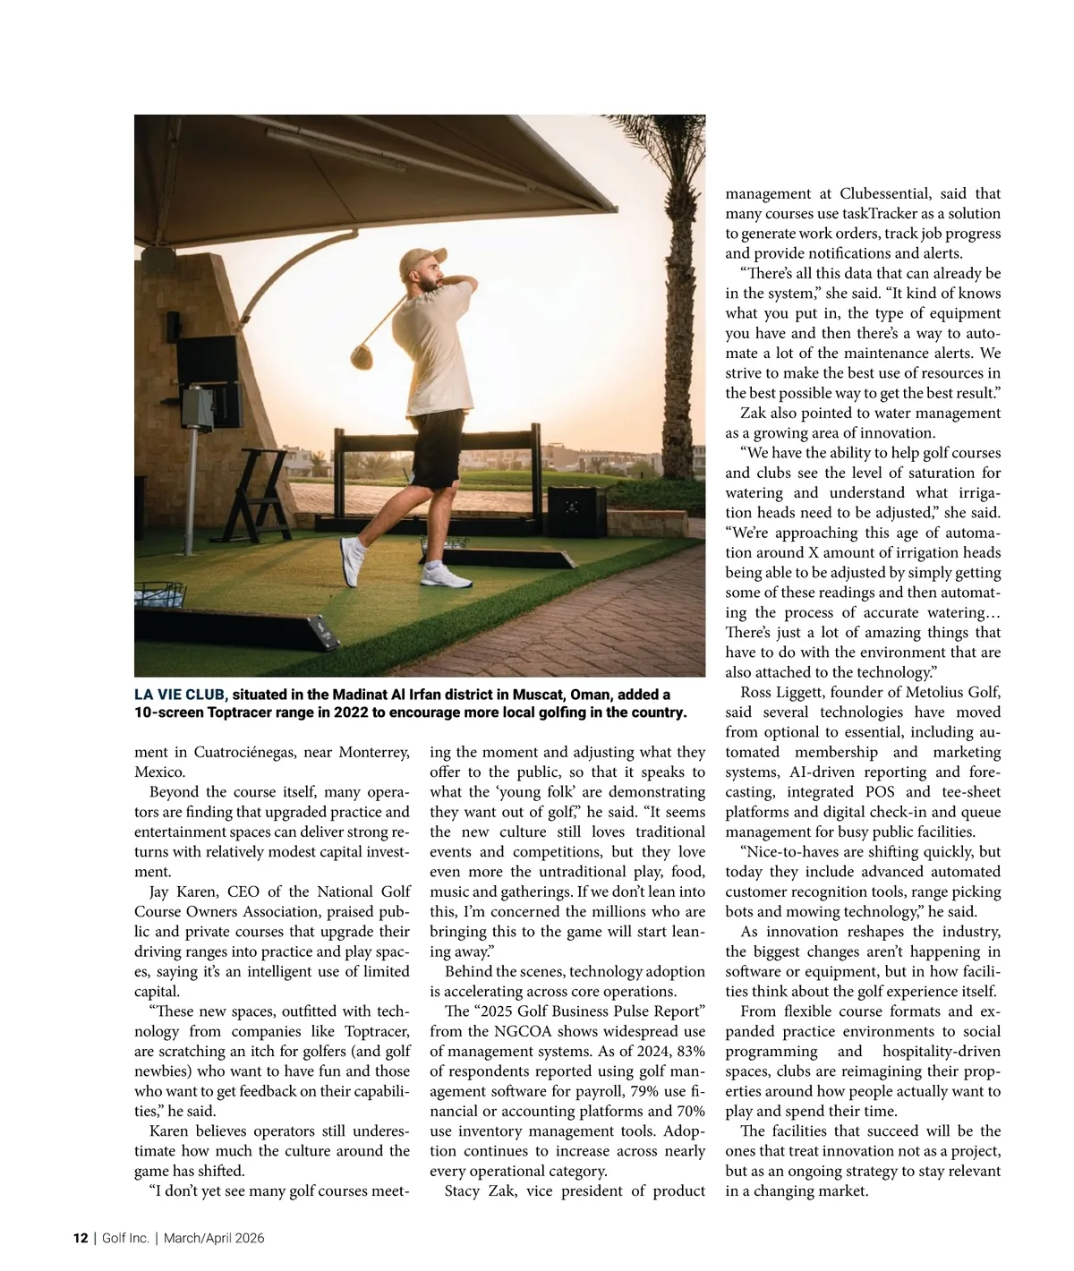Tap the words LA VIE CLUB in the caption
tap(180, 695)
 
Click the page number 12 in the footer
tap(81, 1238)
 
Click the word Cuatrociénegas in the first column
tap(244, 752)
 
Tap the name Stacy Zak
tap(481, 1190)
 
